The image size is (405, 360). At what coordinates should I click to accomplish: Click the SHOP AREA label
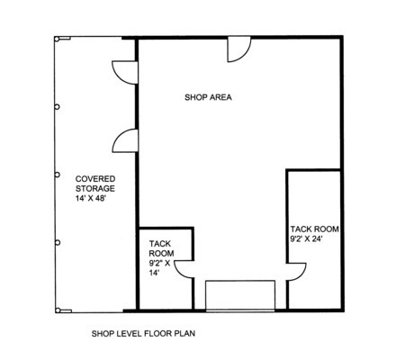coord(208,97)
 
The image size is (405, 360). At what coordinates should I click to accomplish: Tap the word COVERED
coord(95,179)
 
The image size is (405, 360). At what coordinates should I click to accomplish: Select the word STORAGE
coord(95,188)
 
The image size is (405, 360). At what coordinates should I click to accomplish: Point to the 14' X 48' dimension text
coord(91,198)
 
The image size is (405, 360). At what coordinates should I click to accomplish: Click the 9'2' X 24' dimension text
coord(306,238)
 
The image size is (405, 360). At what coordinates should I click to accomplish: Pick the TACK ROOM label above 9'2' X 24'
coord(314,229)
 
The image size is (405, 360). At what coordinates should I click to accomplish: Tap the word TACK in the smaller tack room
coord(160,244)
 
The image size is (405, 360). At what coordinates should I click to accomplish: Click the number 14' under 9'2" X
coord(155,273)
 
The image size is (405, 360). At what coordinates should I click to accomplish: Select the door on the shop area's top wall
coord(238,49)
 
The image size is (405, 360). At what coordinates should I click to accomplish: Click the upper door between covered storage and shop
coord(125,72)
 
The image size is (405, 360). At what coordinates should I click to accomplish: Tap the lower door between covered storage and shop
coord(125,140)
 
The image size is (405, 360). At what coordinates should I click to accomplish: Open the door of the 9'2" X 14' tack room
coord(184,269)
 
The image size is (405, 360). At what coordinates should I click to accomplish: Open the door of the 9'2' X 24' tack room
coord(296,272)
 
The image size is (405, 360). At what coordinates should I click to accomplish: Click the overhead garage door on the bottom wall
coord(240,296)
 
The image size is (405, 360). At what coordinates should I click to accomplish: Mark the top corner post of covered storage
coord(57,39)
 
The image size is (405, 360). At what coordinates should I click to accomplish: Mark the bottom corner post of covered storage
coord(58,310)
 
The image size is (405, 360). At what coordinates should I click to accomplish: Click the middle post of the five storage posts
coord(57,175)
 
